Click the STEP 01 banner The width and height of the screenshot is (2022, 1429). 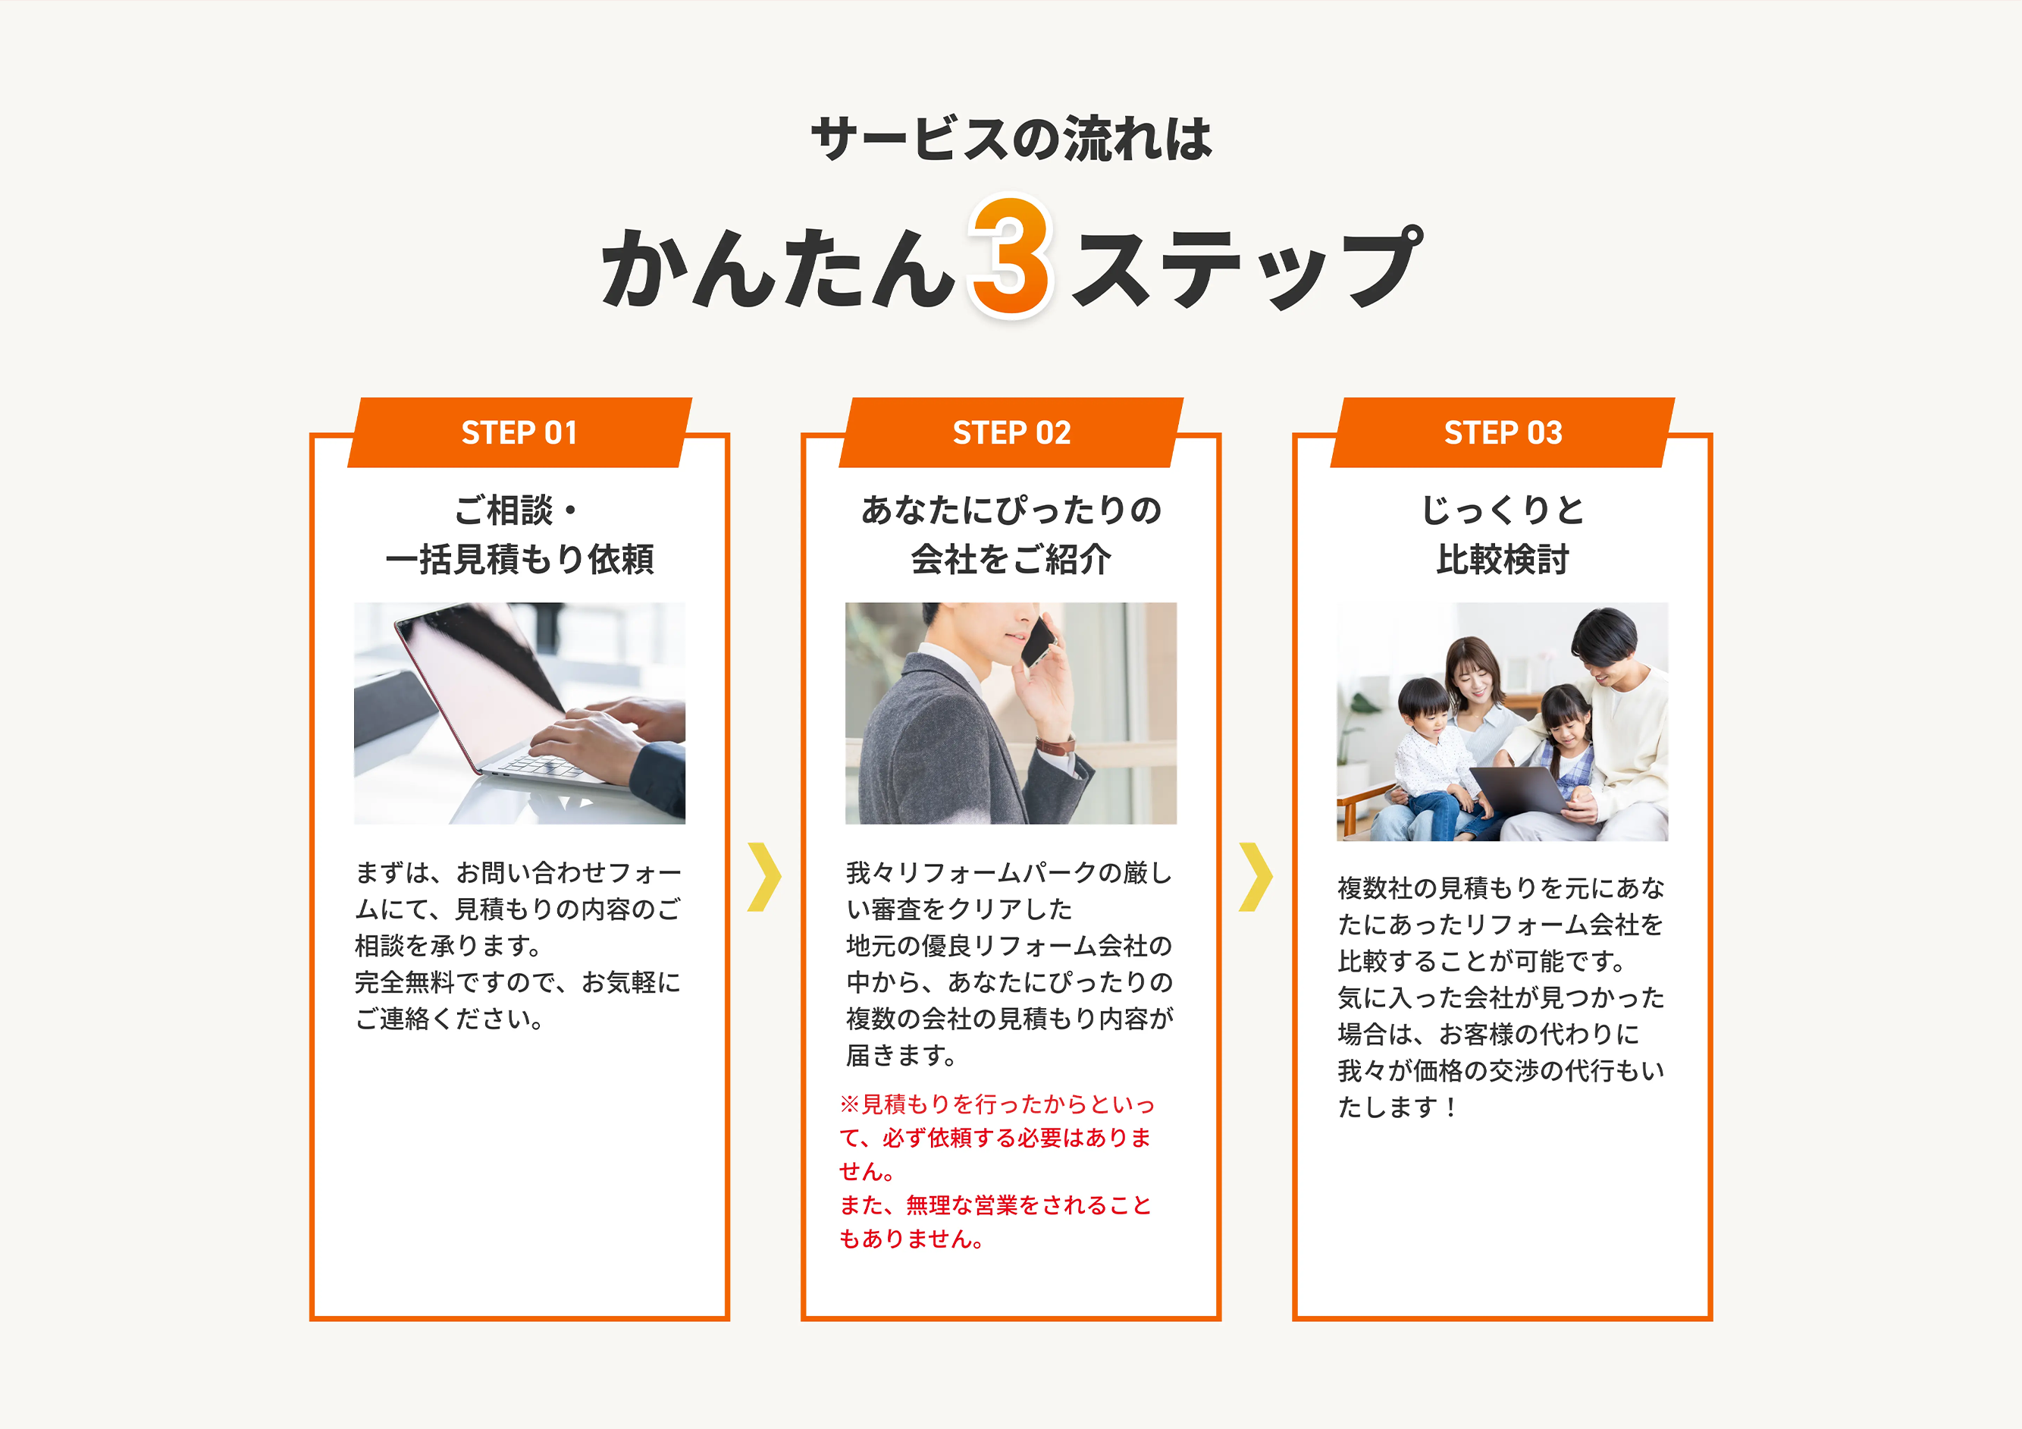pyautogui.click(x=519, y=432)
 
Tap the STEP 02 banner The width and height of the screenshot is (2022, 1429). pyautogui.click(x=1011, y=432)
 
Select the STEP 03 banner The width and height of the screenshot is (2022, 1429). pyautogui.click(x=1503, y=432)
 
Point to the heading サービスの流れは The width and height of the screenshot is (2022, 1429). pyautogui.click(x=1011, y=140)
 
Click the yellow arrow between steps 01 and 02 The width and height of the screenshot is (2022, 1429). pyautogui.click(x=764, y=877)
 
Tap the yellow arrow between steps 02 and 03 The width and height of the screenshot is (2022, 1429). pyautogui.click(x=1256, y=877)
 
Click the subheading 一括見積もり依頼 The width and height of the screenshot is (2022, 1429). pyautogui.click(x=519, y=558)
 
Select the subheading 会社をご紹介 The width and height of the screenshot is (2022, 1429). pyautogui.click(x=1011, y=558)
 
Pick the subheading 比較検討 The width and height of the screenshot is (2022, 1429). pyautogui.click(x=1503, y=558)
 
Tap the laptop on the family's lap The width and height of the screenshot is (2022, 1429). pyautogui.click(x=1519, y=790)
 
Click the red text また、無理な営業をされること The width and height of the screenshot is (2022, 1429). pyautogui.click(x=995, y=1204)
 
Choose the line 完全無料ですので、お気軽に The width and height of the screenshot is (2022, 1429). pyautogui.click(x=518, y=981)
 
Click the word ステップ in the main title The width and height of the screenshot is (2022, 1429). pyautogui.click(x=1245, y=266)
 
